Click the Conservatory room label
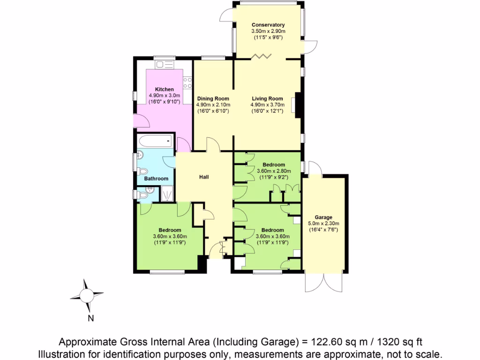[x=268, y=25]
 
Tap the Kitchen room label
[x=165, y=89]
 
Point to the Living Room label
[x=267, y=98]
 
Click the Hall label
[x=203, y=177]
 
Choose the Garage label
[x=323, y=217]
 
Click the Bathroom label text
[x=156, y=179]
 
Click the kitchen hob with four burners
[x=187, y=83]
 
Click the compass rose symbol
[x=87, y=295]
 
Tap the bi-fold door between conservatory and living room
[x=261, y=57]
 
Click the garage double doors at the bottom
[x=323, y=282]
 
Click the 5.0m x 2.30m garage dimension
[x=323, y=223]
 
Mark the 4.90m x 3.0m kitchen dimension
[x=165, y=95]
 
